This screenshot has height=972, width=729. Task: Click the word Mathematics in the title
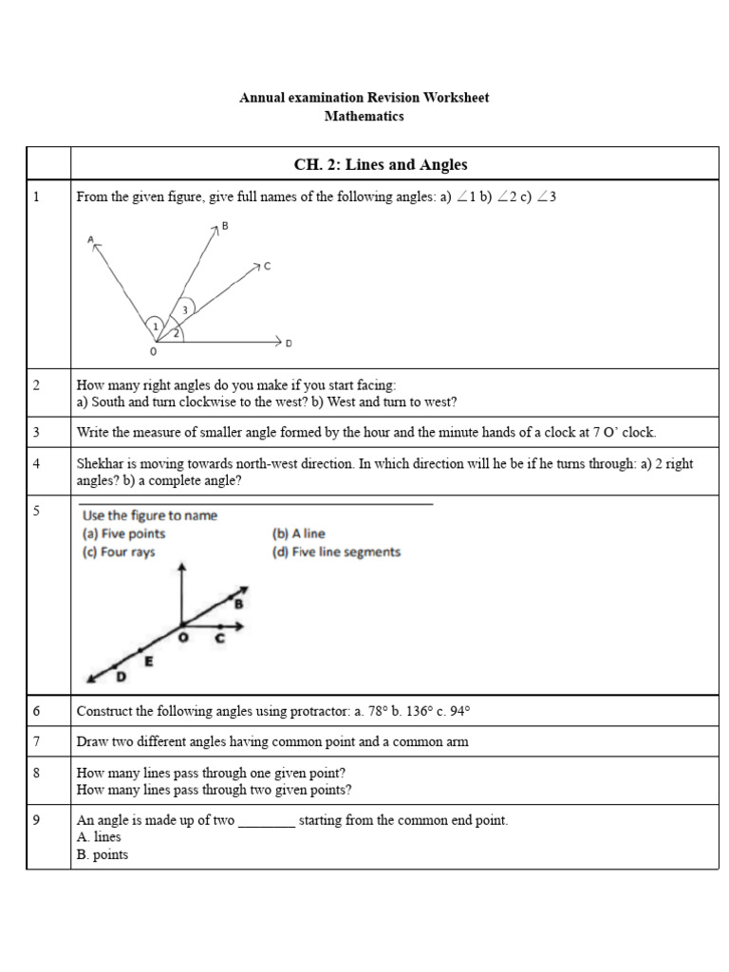[x=364, y=116]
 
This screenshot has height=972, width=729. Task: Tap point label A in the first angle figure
[x=91, y=240]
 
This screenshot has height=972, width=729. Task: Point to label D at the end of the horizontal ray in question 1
[x=289, y=343]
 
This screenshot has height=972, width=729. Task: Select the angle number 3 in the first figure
[x=185, y=309]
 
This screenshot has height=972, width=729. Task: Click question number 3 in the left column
[x=36, y=432]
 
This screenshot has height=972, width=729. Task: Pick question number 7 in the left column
[x=36, y=741]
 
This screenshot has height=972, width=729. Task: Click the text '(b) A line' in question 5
[x=298, y=534]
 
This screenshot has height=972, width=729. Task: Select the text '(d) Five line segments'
[x=336, y=552]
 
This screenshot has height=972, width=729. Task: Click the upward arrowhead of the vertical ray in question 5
[x=181, y=570]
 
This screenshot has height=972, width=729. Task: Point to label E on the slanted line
[x=148, y=662]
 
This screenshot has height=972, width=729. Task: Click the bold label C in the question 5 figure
[x=219, y=639]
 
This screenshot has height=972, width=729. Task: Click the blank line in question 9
[x=266, y=821]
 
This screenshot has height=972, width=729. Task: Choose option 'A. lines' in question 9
[x=99, y=837]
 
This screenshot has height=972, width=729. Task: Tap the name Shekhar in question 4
[x=100, y=464]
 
